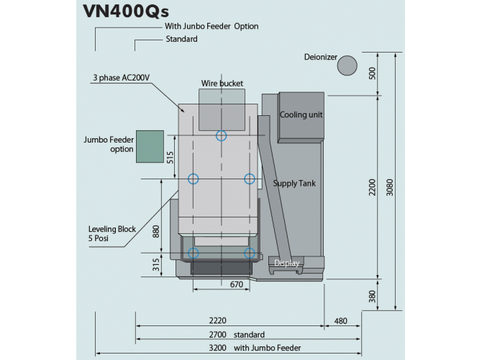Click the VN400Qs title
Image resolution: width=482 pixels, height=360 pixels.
[x=126, y=12]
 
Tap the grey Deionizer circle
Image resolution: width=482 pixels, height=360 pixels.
[x=347, y=66]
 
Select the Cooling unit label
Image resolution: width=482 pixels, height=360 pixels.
[x=301, y=114]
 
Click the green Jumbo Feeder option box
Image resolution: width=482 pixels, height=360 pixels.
[x=150, y=146]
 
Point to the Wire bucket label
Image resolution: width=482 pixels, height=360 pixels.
[x=222, y=84]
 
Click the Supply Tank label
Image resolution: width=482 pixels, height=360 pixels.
[x=294, y=184]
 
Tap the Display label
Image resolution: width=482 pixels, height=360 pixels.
[x=286, y=263]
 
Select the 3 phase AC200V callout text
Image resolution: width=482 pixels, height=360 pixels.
[x=122, y=78]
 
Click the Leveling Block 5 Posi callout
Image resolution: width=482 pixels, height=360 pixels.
[x=112, y=233]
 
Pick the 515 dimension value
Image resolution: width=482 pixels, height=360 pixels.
[x=170, y=157]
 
